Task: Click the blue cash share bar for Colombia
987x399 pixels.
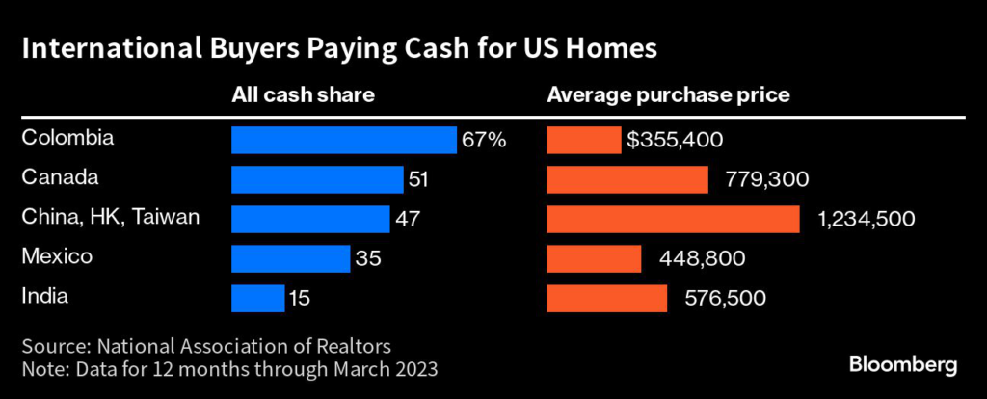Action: point(343,140)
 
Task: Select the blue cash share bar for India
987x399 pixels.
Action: point(257,298)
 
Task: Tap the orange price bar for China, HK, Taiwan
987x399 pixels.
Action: point(673,219)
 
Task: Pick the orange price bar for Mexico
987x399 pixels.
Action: point(594,258)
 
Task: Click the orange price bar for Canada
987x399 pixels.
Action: point(627,179)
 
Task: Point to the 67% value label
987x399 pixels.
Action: point(484,140)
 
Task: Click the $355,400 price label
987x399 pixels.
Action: point(675,140)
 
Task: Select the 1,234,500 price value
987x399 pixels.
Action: point(867,219)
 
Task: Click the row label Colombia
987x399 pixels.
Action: point(67,138)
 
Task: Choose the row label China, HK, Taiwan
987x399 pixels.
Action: point(111,217)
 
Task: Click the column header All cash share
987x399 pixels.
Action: point(303,95)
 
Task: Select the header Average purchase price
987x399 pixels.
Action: point(669,95)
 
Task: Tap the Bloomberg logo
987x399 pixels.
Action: point(903,364)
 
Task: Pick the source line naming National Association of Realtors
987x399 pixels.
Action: point(206,345)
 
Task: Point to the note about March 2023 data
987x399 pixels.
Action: point(232,368)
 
